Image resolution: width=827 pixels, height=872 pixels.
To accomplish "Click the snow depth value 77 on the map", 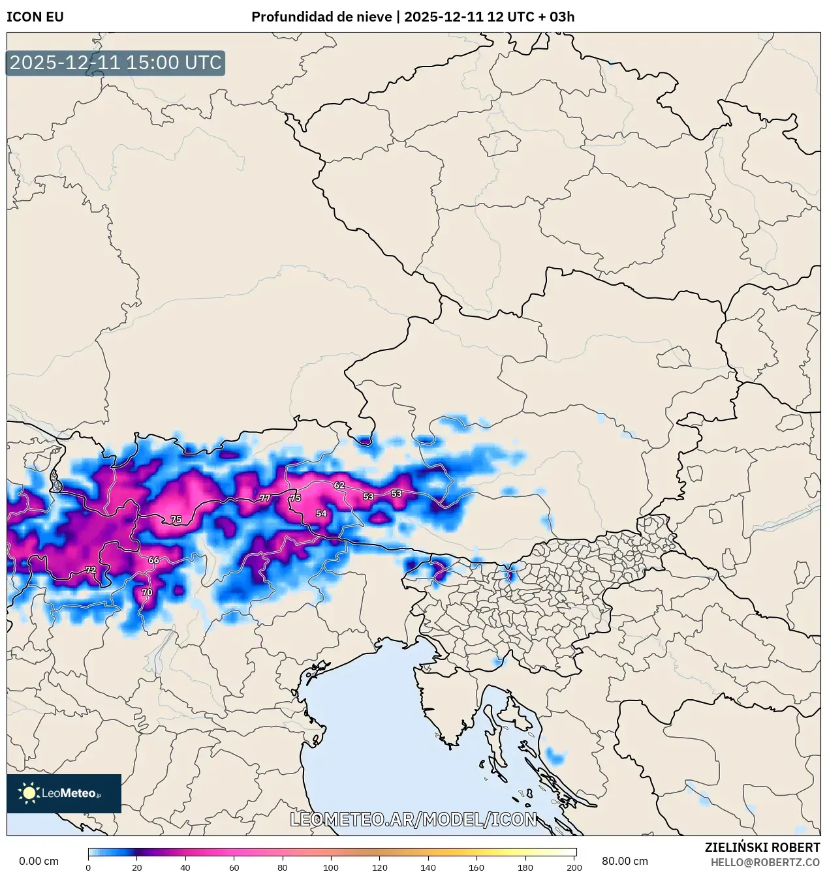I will pyautogui.click(x=265, y=498).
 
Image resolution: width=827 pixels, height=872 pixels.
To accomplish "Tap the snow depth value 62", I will pyautogui.click(x=339, y=485).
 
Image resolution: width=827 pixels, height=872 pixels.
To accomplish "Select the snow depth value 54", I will pyautogui.click(x=321, y=513).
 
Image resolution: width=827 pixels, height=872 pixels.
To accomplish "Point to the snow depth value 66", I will pyautogui.click(x=153, y=560).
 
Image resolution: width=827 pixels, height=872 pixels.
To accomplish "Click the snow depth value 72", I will pyautogui.click(x=91, y=569).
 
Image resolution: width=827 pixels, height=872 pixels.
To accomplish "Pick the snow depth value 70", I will pyautogui.click(x=147, y=592).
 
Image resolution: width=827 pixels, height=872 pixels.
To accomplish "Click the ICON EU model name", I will pyautogui.click(x=35, y=17).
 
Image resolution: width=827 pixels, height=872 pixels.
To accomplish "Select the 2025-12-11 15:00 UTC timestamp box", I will pyautogui.click(x=116, y=63).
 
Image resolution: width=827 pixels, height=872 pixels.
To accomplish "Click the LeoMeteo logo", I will pyautogui.click(x=64, y=793).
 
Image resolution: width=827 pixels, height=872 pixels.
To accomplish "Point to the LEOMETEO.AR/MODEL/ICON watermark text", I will pyautogui.click(x=413, y=819).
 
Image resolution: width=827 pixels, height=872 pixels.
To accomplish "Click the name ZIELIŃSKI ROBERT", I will pyautogui.click(x=762, y=847).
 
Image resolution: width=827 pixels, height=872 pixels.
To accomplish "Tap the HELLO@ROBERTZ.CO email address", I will pyautogui.click(x=765, y=862).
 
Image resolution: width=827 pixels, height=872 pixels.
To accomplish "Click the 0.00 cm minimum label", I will pyautogui.click(x=39, y=861).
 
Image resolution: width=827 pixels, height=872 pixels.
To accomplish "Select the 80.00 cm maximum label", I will pyautogui.click(x=625, y=861).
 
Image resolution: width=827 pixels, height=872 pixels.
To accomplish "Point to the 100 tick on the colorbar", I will pyautogui.click(x=331, y=867).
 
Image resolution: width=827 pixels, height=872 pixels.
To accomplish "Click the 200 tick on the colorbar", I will pyautogui.click(x=574, y=867).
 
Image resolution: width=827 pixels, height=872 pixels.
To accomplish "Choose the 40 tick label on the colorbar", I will pyautogui.click(x=185, y=867).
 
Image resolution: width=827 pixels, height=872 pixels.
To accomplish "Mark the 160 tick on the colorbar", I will pyautogui.click(x=476, y=867).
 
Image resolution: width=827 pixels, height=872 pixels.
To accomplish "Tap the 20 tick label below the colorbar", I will pyautogui.click(x=136, y=867).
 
